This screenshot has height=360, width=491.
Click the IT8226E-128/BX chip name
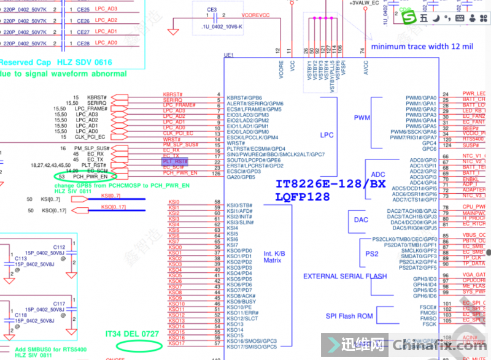pyautogui.click(x=330, y=184)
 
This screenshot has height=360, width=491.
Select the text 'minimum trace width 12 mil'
pyautogui.click(x=422, y=47)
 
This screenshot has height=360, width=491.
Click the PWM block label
pyautogui.click(x=363, y=118)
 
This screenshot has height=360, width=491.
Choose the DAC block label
pyautogui.click(x=361, y=220)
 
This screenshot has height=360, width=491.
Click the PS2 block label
pyautogui.click(x=372, y=253)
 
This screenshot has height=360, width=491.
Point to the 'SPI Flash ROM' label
pyautogui.click(x=349, y=316)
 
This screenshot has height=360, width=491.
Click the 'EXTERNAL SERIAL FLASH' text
pyautogui.click(x=345, y=276)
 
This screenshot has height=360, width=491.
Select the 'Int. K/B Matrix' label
pyautogui.click(x=276, y=257)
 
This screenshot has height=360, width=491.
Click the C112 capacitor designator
pyautogui.click(x=59, y=247)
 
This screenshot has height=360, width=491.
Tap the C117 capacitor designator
pyautogui.click(x=59, y=304)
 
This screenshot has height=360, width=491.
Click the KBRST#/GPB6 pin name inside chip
pyautogui.click(x=244, y=98)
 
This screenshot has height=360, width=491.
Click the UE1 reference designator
pyautogui.click(x=229, y=55)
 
